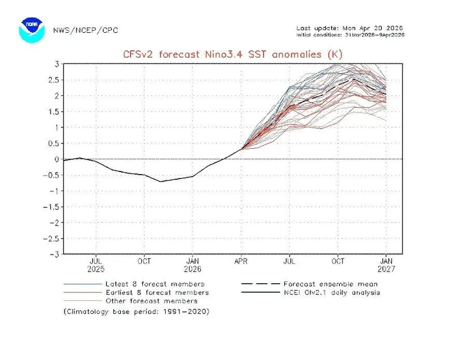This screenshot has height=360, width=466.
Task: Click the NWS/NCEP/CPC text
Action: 85,30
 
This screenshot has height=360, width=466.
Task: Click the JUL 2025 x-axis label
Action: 96,265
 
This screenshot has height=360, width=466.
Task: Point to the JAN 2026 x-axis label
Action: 193,265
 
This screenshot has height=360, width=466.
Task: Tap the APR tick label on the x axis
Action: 242,261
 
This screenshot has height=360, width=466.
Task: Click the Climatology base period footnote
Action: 136,311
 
